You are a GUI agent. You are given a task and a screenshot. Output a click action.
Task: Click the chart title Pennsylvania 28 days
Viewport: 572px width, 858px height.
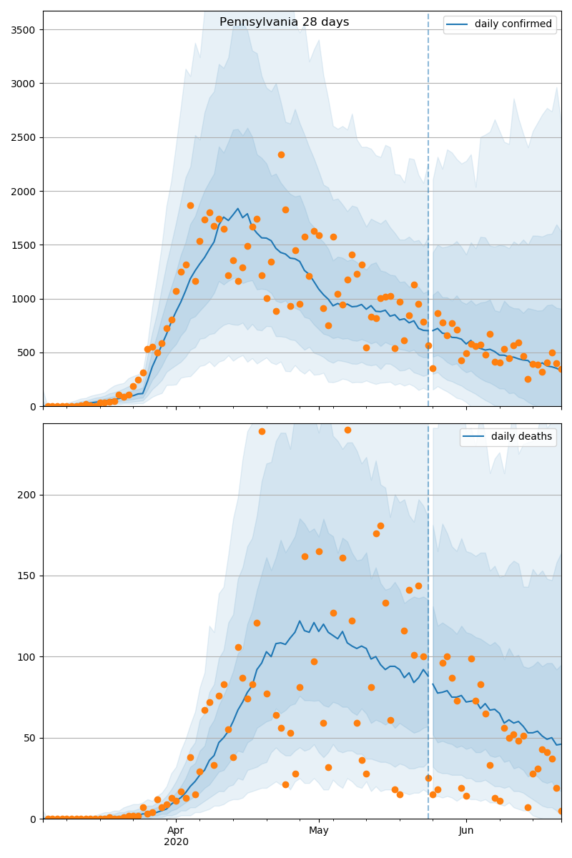point(284,22)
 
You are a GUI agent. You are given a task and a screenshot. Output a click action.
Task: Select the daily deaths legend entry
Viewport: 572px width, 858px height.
point(508,437)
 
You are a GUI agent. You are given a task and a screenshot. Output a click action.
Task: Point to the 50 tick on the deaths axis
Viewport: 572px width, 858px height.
point(31,738)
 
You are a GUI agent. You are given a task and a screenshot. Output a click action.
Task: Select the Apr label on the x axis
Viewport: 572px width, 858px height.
point(176,830)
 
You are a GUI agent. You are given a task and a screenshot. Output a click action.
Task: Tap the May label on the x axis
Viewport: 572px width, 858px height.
point(319,830)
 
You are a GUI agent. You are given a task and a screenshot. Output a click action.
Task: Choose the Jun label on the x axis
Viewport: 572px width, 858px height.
point(466,830)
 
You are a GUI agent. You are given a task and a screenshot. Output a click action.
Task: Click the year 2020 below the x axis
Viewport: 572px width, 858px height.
point(176,842)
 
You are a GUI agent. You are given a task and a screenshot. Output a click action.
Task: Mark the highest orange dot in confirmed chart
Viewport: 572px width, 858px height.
point(281,154)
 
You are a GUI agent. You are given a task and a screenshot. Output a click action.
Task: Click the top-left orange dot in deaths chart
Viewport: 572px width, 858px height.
point(262,431)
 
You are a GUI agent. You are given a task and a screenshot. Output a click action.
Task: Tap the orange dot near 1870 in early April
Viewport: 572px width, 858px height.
point(190,205)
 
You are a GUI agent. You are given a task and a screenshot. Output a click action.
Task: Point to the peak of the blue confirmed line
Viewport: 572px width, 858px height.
point(238,209)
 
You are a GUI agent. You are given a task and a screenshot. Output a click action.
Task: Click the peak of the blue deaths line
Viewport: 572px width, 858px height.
point(300,621)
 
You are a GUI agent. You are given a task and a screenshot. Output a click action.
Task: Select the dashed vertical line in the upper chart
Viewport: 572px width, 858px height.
point(428,214)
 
